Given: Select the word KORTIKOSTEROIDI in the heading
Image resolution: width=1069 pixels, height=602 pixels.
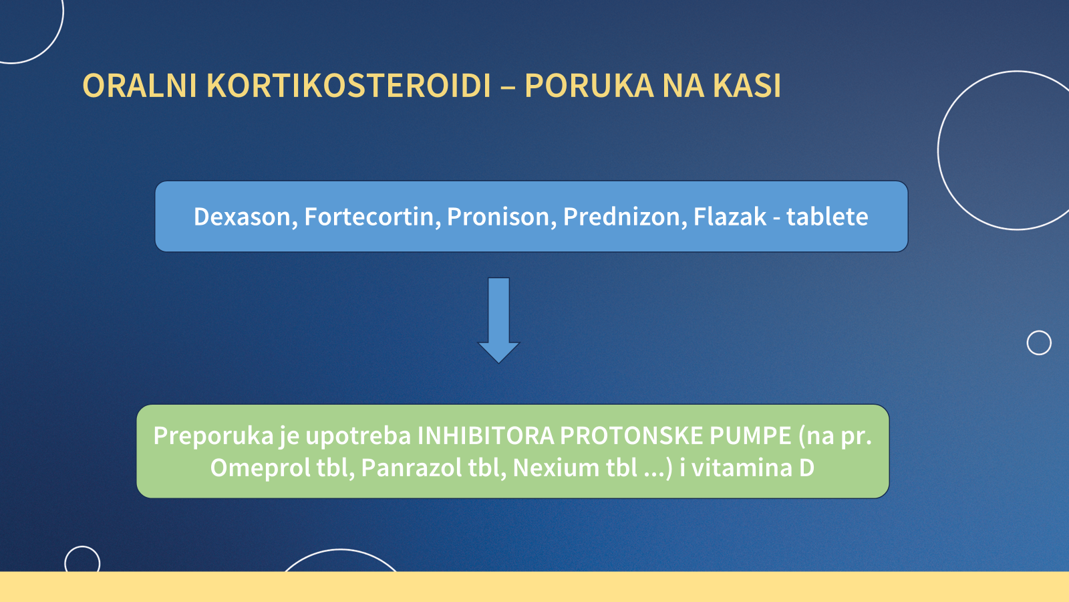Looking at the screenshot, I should point(349,86).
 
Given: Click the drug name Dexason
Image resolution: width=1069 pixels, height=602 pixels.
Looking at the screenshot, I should point(245,217).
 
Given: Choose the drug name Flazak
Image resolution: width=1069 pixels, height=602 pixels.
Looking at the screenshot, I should point(730,217).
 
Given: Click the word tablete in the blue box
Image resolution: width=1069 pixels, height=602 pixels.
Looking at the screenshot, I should point(827,217).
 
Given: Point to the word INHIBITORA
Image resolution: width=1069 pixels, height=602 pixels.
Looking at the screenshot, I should point(486,436).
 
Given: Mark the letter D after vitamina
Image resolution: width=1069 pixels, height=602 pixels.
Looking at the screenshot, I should point(806,468).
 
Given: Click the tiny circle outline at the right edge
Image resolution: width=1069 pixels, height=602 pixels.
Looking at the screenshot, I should point(1039,342).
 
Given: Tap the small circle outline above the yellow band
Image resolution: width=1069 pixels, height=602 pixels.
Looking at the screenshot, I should point(82,561).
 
